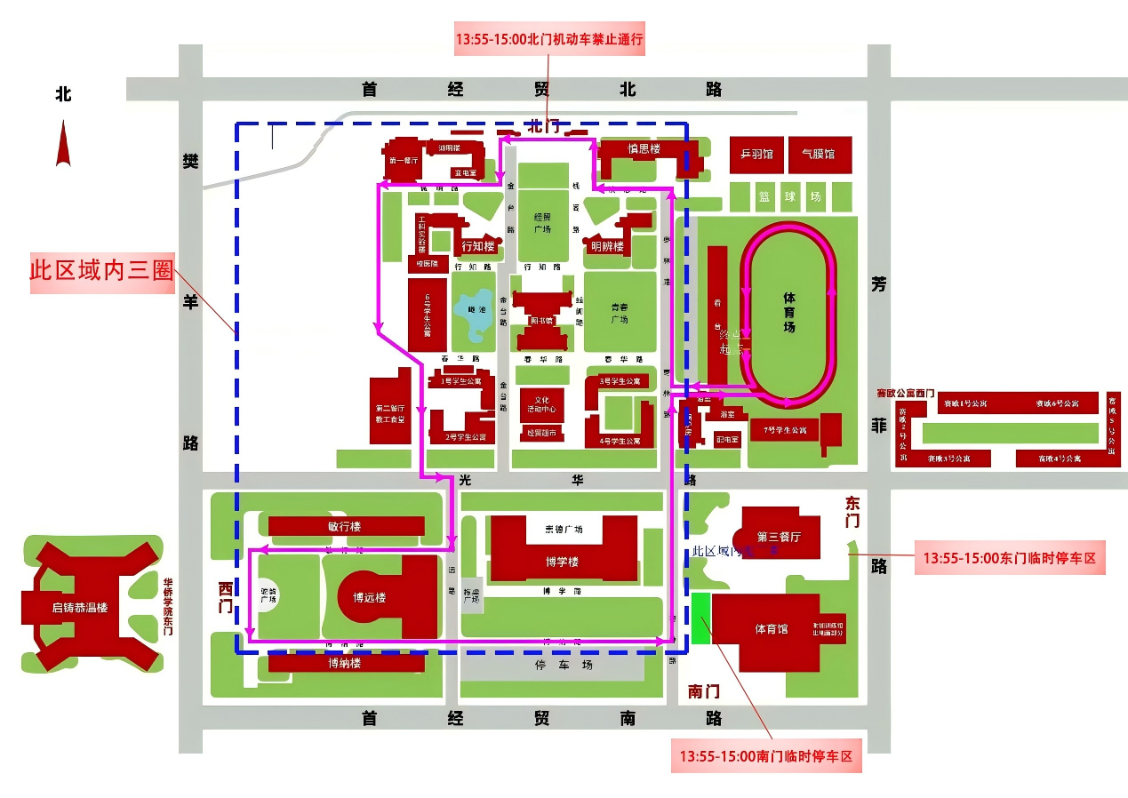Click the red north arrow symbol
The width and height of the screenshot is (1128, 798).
62,144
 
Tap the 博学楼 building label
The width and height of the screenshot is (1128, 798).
562,562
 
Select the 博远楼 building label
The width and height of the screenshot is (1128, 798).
369,597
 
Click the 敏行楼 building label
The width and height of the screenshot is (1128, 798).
344,526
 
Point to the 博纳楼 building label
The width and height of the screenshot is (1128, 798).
344,663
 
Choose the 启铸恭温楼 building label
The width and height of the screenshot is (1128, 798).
79,608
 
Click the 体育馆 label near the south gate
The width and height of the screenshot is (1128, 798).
771,629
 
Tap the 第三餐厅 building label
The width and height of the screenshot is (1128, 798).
779,537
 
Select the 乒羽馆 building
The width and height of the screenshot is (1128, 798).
756,155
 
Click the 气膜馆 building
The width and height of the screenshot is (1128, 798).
818,155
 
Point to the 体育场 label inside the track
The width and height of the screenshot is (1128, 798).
788,311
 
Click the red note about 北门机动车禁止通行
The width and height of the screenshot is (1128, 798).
548,39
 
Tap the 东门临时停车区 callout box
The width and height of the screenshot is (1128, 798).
1009,560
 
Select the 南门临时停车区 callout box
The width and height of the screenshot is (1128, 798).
765,757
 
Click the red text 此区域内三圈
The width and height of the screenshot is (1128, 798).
101,270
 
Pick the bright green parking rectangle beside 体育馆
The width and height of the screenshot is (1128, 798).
701,618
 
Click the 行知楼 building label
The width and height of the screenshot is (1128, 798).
476,246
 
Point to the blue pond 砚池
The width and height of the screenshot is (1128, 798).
472,314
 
